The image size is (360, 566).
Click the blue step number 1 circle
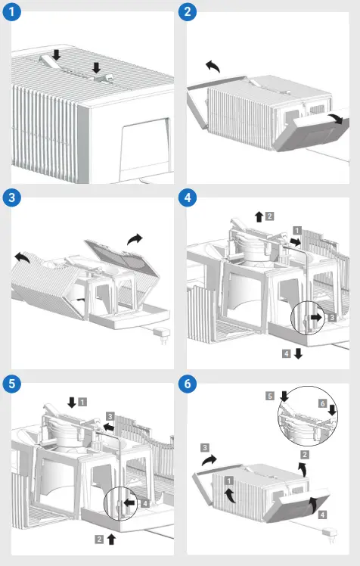(x=12, y=13)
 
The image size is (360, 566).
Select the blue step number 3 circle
(x=12, y=199)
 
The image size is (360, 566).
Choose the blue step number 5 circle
(x=12, y=384)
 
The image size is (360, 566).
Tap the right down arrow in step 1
(x=96, y=69)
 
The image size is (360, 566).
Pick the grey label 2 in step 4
(x=270, y=216)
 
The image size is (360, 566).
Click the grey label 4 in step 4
(x=286, y=353)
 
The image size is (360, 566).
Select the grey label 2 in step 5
(x=100, y=539)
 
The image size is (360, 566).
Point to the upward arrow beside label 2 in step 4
(x=259, y=216)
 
